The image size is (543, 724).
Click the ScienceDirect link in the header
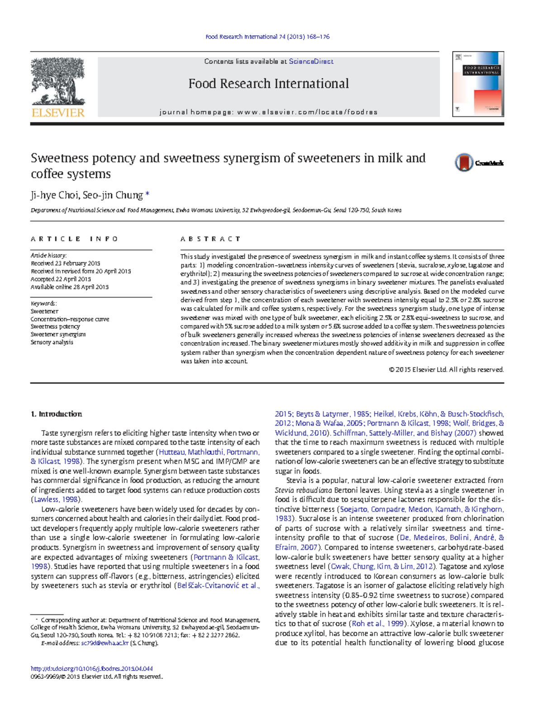[x=311, y=62]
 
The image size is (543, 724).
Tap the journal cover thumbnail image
[x=478, y=84]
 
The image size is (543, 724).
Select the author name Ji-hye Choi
[x=54, y=195]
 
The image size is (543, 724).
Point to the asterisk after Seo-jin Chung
[x=147, y=195]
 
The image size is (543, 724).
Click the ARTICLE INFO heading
[x=74, y=239]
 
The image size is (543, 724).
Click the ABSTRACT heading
[x=210, y=239]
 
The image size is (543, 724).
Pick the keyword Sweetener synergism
[x=58, y=335]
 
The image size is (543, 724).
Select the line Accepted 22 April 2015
[x=61, y=279]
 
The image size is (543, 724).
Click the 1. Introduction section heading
[x=56, y=414]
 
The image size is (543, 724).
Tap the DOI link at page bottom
[x=91, y=668]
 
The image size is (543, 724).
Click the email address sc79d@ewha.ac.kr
[x=105, y=643]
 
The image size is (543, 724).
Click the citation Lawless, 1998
[x=56, y=499]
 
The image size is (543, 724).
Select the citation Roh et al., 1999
[x=377, y=623]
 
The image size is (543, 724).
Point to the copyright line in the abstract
[x=446, y=369]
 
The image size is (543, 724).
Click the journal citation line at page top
[x=267, y=37]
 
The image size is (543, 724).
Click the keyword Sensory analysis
[x=52, y=342]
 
